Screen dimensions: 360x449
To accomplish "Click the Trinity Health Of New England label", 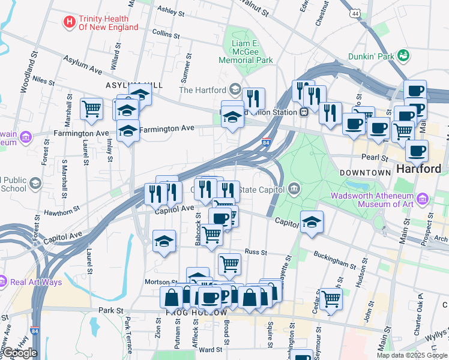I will coord(109,22).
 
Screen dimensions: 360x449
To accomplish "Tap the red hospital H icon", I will coord(70,22).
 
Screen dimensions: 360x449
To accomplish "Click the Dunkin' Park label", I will coord(370,57).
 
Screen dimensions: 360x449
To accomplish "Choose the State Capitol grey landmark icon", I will coord(294,190).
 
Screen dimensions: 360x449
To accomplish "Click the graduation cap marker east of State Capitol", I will coord(312,222).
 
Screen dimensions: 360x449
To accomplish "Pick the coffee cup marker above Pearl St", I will coord(417,151).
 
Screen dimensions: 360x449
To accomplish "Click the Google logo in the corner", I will coord(19,352).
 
